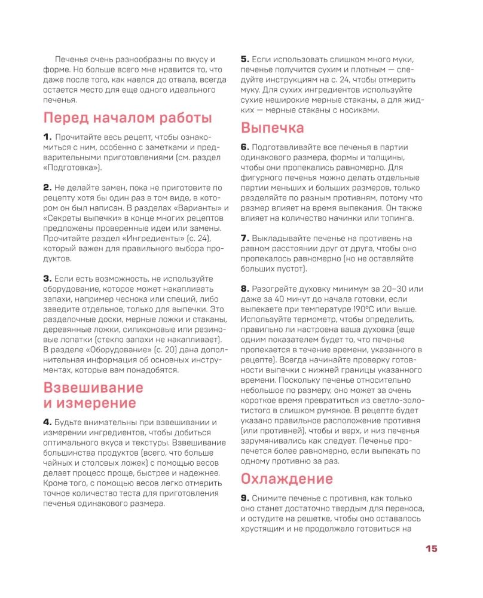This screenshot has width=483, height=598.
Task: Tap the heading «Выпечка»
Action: [272, 127]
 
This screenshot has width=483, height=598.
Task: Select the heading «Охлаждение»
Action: [286, 479]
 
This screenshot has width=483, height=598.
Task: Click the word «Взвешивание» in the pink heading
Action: [93, 386]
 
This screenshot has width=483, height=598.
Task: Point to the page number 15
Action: [432, 549]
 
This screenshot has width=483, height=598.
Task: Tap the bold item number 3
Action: [47, 279]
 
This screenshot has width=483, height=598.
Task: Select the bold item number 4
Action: [47, 422]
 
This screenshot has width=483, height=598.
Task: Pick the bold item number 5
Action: [244, 59]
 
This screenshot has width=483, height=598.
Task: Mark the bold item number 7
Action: [244, 238]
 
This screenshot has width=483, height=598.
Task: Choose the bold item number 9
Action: [244, 498]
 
